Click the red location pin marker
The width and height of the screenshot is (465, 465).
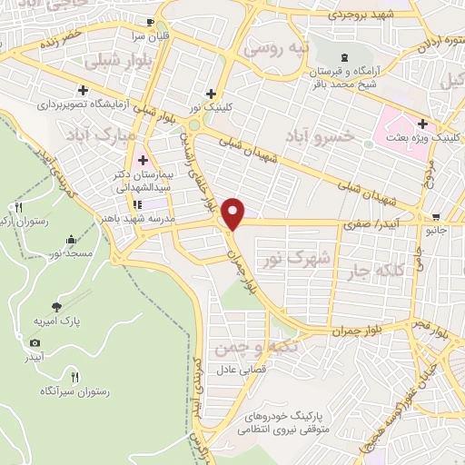234,213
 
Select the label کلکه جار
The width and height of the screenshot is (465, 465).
371,272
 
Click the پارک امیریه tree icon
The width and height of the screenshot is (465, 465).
58,307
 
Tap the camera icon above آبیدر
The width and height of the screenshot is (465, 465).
35,342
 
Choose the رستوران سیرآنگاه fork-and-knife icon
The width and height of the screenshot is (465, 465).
75,376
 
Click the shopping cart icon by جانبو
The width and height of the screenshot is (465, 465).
437,216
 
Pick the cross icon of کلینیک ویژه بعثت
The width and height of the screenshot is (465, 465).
422,124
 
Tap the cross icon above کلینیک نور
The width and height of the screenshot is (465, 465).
211,93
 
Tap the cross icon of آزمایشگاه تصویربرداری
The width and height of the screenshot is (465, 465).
83,90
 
